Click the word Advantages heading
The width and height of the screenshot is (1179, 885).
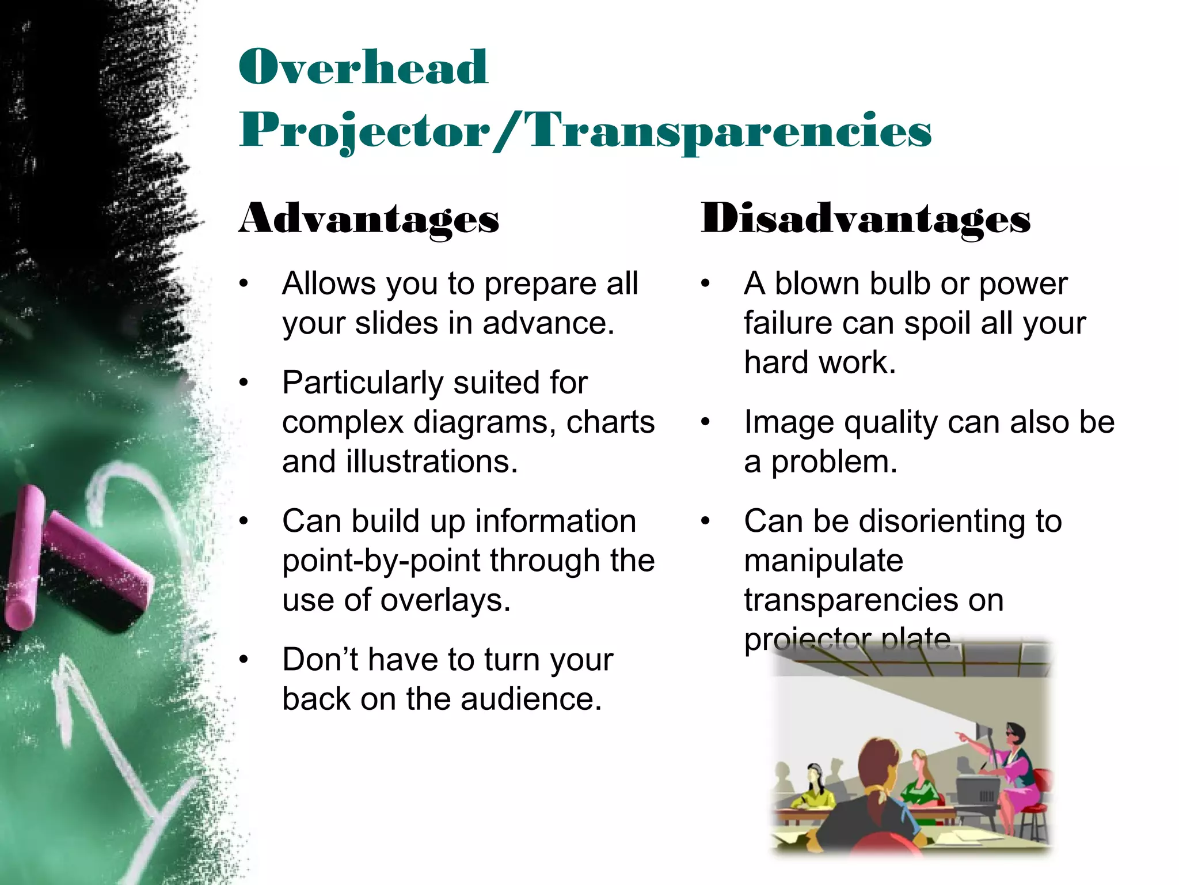click(369, 219)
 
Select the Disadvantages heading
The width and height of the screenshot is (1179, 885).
click(865, 219)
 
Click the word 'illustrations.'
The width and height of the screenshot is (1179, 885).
click(432, 462)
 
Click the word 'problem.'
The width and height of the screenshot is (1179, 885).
click(834, 462)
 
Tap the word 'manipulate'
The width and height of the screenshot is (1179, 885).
click(823, 561)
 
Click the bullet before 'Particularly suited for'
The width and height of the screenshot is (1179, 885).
click(244, 383)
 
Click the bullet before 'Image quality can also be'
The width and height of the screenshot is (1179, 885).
click(706, 423)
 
